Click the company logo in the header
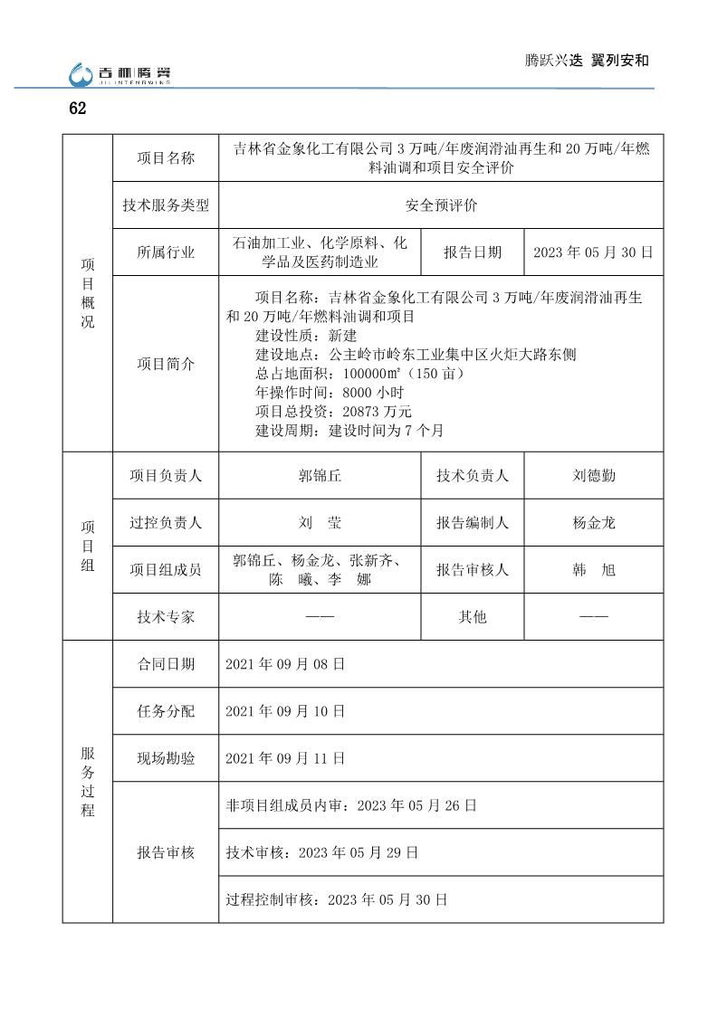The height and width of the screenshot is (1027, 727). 120,74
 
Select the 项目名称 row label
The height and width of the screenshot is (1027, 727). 166,158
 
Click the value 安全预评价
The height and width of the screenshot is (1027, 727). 441,205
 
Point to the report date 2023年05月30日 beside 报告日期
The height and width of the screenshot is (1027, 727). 593,252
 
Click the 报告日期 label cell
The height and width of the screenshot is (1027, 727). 473,252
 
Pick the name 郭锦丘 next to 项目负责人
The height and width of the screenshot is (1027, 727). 320,475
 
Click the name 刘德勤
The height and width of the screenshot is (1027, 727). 594,475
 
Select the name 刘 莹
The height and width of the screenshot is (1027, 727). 320,522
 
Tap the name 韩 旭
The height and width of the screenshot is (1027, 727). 594,570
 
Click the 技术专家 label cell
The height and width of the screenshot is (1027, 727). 166,617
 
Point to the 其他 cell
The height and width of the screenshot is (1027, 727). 473,617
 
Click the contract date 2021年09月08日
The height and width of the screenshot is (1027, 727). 285,664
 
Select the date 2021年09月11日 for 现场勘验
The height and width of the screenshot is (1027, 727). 285,758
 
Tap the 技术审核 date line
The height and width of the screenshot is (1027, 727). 322,852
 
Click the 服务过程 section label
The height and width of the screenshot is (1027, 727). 87,782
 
